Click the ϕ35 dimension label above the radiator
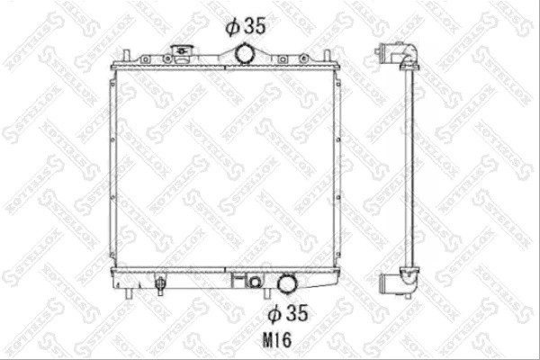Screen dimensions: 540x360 pos(246,25)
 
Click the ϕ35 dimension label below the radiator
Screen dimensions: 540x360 pos(288,313)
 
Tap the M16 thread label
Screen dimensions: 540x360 pos(277,340)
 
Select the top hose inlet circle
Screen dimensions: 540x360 pos(245,54)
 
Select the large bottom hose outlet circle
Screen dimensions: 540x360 pos(288,283)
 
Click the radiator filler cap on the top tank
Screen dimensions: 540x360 pos(181,54)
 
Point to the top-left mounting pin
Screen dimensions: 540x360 pos(126,56)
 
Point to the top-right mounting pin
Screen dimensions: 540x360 pos(328,56)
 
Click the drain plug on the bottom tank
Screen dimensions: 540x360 pos(160,284)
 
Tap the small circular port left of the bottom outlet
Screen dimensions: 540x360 pos(255,282)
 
